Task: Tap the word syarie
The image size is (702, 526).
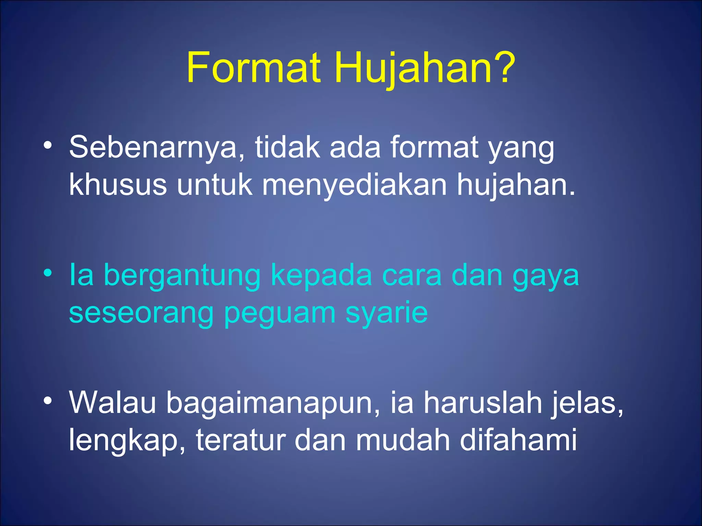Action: [x=387, y=314]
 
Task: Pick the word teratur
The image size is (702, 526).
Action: [x=241, y=440]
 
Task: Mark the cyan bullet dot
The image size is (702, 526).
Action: [x=48, y=273]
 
